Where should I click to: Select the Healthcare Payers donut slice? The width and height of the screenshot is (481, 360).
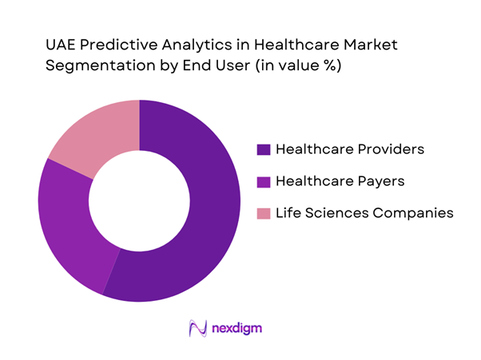pos(68,224)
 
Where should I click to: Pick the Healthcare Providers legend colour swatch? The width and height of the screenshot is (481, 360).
pos(262,149)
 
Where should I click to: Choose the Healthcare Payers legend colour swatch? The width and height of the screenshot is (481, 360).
pos(262,181)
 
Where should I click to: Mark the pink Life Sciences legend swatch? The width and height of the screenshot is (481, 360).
pos(262,213)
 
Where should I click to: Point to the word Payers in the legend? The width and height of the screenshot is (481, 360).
pos(380,181)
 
